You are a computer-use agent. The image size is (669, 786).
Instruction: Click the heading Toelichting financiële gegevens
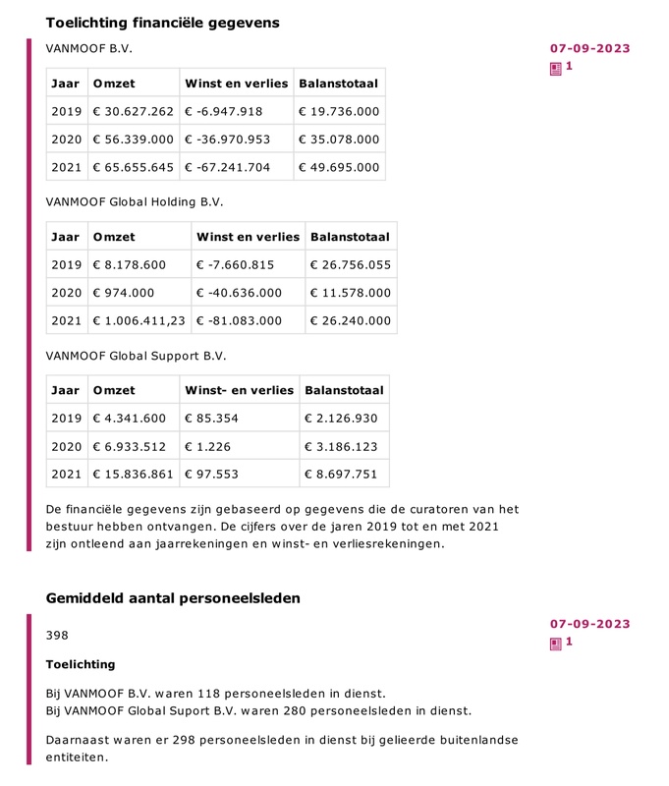tap(162, 23)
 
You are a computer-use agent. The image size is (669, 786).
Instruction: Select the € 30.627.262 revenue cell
tap(133, 112)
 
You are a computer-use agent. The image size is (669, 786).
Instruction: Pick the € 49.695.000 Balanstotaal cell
tap(339, 167)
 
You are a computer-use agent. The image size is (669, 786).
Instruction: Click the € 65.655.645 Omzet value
tap(133, 167)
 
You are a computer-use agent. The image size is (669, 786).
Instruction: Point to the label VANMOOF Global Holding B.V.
tap(135, 202)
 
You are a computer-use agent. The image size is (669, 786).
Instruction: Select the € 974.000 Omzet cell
tap(123, 293)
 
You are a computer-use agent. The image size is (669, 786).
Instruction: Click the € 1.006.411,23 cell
tap(139, 320)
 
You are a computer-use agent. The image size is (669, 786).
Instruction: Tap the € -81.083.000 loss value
tap(240, 320)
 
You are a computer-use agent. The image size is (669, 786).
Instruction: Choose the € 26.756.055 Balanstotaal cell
tap(350, 265)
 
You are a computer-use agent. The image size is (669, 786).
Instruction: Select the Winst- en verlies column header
tap(239, 390)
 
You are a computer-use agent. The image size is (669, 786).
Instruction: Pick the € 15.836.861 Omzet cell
tap(133, 474)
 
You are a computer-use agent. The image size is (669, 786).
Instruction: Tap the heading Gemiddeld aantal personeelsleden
tap(173, 598)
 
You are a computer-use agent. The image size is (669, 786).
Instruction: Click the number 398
tap(57, 636)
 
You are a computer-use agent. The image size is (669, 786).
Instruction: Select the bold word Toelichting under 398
tap(81, 665)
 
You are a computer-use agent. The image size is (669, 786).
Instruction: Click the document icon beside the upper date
tap(556, 68)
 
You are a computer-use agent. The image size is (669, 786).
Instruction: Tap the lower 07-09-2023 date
tap(589, 624)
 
